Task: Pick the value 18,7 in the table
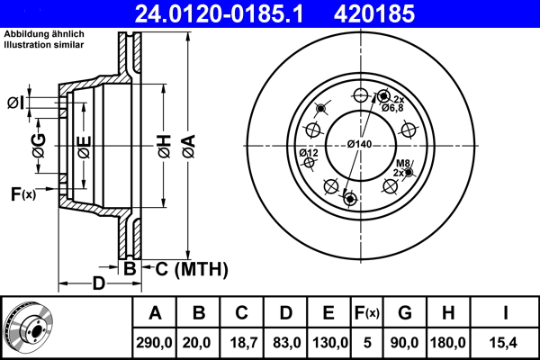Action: click(x=242, y=343)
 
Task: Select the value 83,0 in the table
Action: click(x=285, y=343)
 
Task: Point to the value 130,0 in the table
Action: click(x=328, y=343)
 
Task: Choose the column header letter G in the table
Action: click(x=404, y=313)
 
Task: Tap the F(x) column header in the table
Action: click(x=365, y=313)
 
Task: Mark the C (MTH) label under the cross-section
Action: click(x=192, y=269)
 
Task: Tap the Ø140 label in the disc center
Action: click(x=360, y=145)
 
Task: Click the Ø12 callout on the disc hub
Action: click(x=310, y=154)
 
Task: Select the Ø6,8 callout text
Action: click(x=392, y=108)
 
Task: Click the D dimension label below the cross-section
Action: click(x=99, y=283)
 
